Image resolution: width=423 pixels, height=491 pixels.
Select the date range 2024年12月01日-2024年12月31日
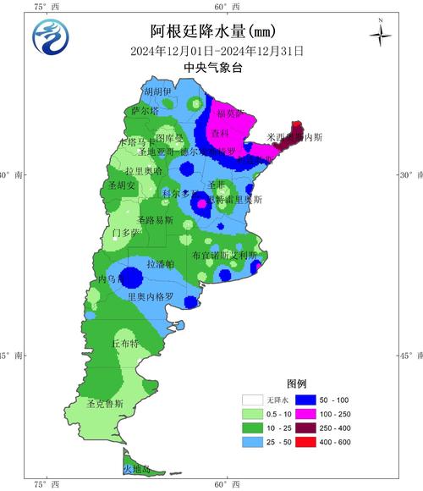tap(217, 50)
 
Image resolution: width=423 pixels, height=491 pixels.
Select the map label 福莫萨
tap(231, 113)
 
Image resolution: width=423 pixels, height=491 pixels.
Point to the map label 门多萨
tap(128, 232)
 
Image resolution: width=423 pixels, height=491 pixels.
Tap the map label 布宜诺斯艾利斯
tap(224, 255)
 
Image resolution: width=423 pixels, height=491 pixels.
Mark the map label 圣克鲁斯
tap(106, 404)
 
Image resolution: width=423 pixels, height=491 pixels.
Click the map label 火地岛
tap(136, 469)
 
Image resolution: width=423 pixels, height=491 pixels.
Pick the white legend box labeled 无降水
tap(252, 399)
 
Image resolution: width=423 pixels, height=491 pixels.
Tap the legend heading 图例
tap(297, 382)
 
